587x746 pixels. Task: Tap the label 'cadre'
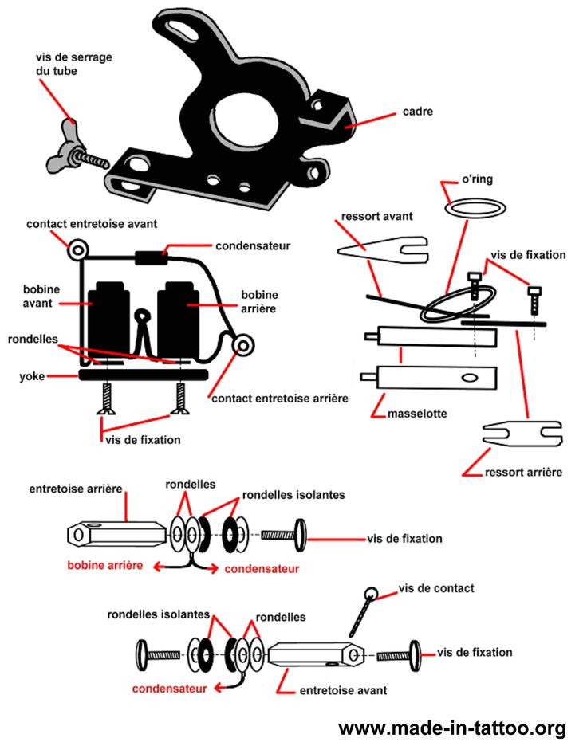[418, 112]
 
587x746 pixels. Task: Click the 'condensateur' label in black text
[254, 245]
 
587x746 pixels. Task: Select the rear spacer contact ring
[242, 345]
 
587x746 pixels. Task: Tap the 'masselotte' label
[415, 414]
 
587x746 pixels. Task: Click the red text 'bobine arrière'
[104, 565]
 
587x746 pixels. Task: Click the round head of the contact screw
[372, 593]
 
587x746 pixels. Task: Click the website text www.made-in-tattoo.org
[452, 728]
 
